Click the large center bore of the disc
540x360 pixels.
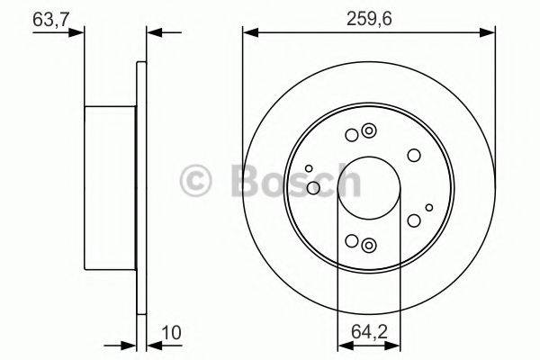(x=368, y=188)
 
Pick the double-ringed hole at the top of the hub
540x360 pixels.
(x=367, y=134)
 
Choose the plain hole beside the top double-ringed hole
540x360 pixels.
(x=351, y=136)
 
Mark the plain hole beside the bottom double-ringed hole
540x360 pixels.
(x=351, y=241)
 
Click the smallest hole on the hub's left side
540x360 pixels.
(x=309, y=168)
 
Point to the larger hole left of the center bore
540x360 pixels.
(x=313, y=187)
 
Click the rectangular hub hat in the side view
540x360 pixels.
(x=109, y=189)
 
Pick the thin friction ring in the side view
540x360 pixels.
(x=140, y=189)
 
